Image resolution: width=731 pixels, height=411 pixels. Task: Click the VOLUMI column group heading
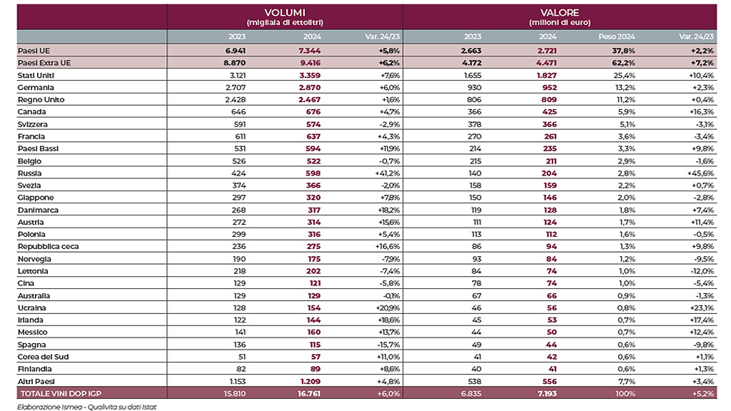pyautogui.click(x=285, y=13)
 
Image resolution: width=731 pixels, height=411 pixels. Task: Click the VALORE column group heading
pyautogui.click(x=560, y=13)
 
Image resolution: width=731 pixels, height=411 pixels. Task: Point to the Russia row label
pyautogui.click(x=31, y=173)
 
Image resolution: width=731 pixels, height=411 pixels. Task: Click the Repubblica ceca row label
pyautogui.click(x=49, y=246)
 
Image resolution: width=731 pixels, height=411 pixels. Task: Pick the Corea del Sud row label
pyautogui.click(x=43, y=356)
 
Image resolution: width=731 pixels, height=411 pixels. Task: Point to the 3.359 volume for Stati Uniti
pyautogui.click(x=311, y=75)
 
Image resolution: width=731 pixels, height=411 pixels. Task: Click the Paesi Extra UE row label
pyautogui.click(x=44, y=63)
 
